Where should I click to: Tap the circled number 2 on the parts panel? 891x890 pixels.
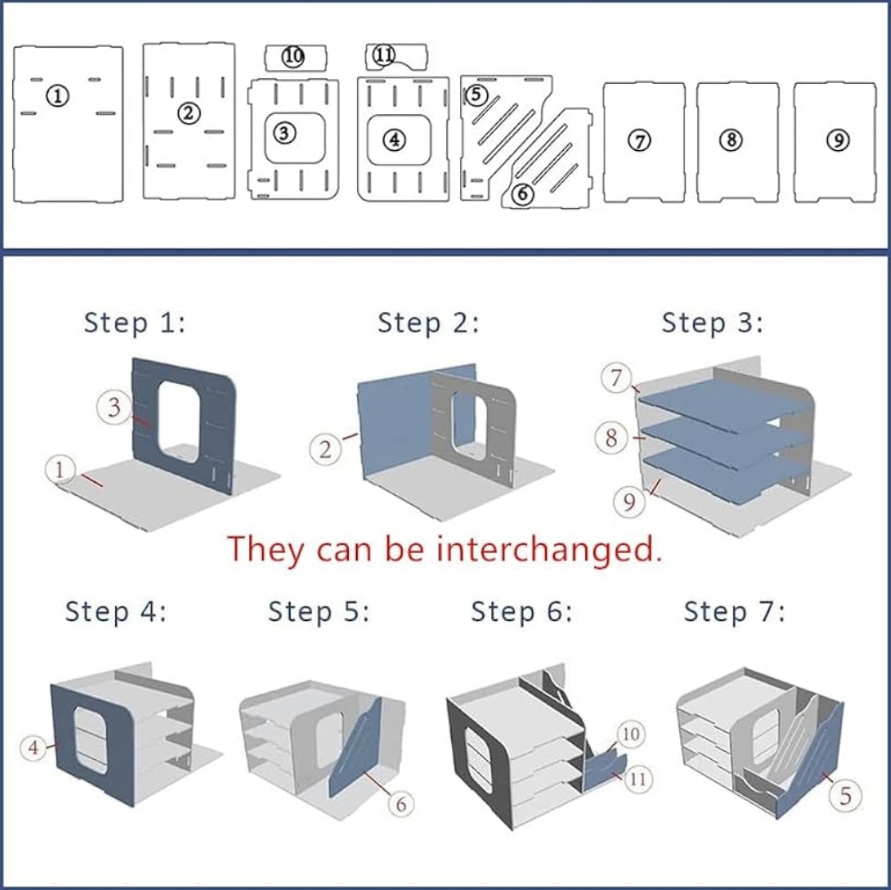coord(189,113)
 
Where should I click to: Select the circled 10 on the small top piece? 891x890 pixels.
coord(294,56)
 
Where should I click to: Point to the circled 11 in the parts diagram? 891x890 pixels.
coord(385,54)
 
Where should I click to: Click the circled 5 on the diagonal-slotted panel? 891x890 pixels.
coord(476,94)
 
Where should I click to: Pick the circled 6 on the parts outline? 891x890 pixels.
coord(521,194)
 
